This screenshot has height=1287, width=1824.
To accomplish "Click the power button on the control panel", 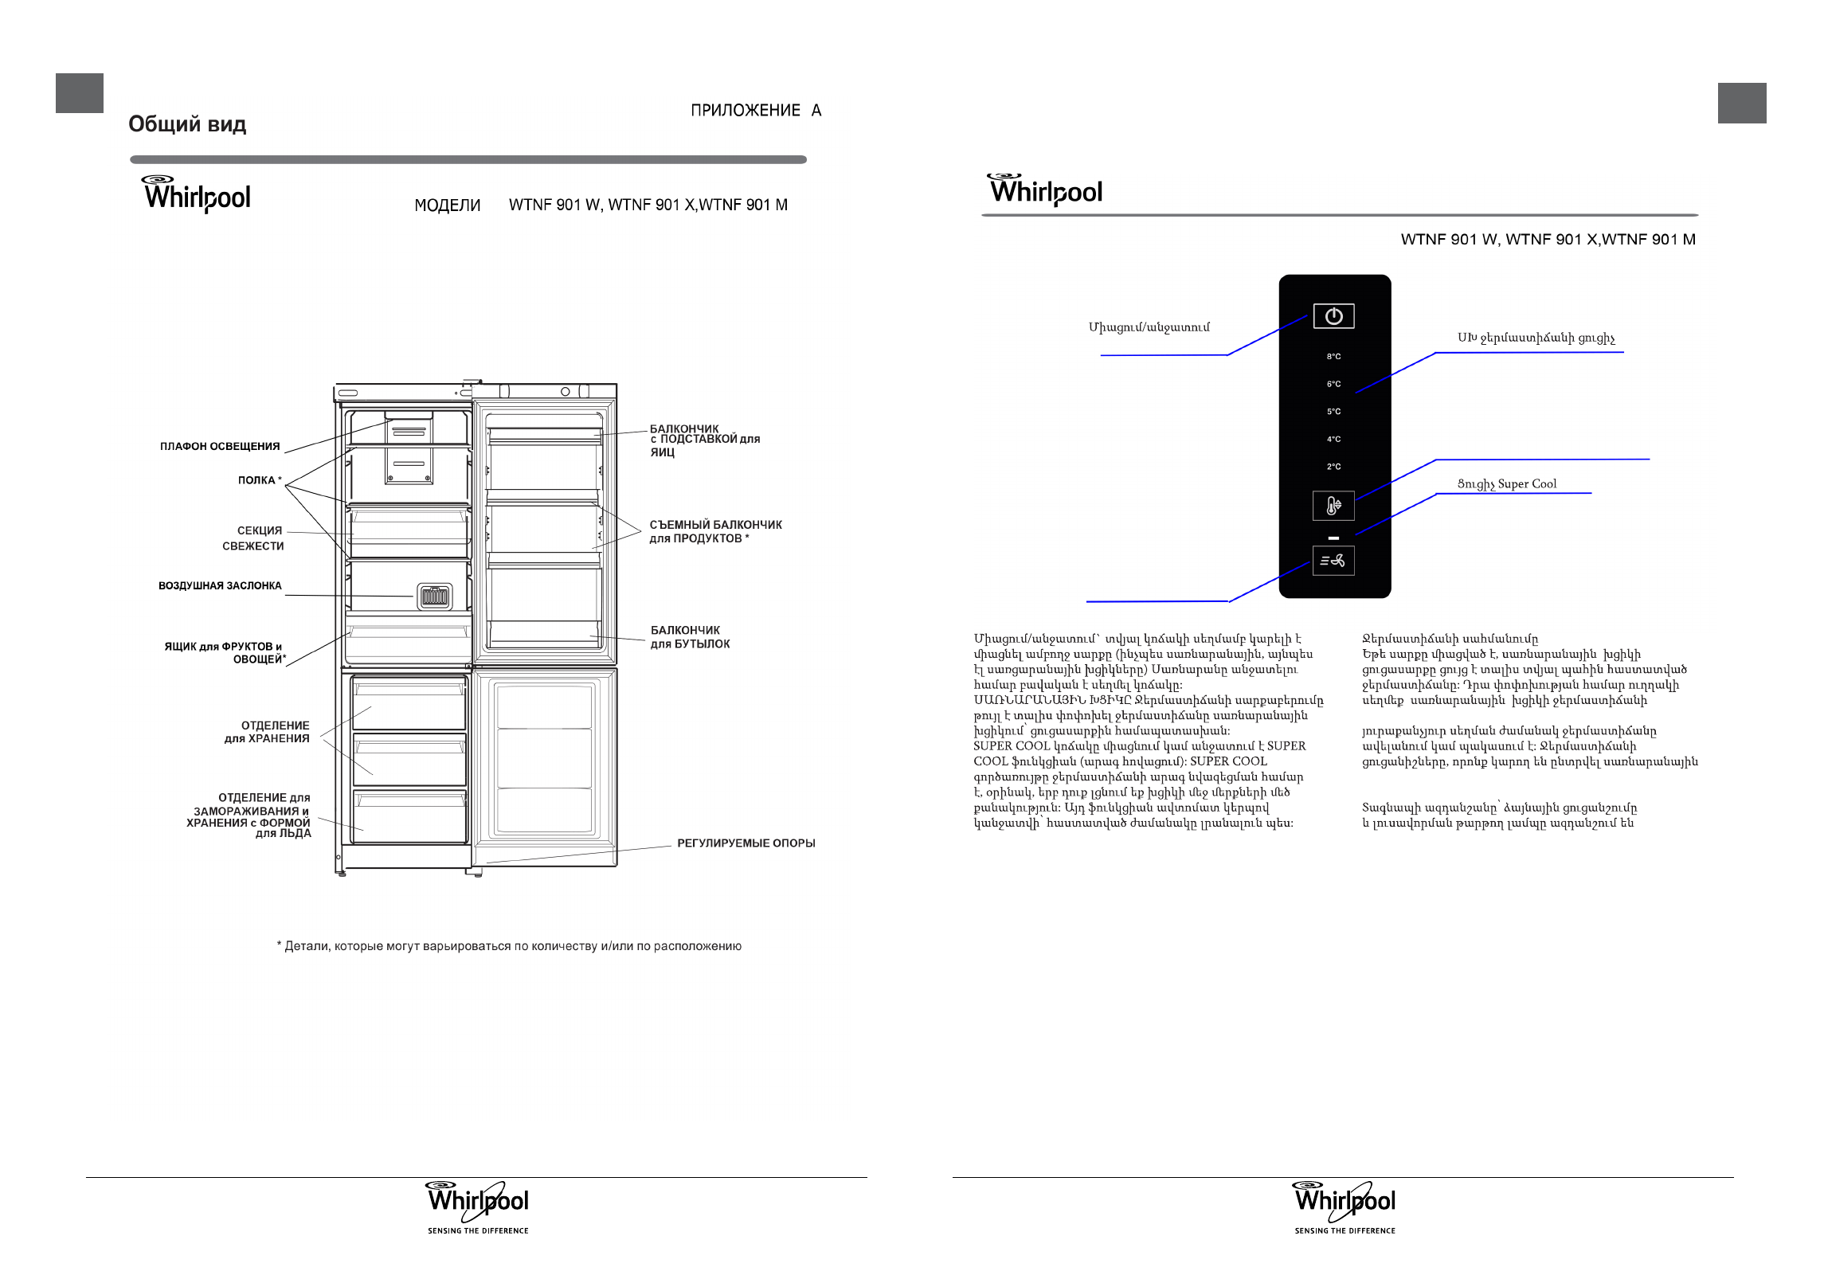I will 1333,316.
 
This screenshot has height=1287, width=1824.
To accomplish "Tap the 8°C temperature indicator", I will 1333,357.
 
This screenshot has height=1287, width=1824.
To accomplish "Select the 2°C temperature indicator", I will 1333,467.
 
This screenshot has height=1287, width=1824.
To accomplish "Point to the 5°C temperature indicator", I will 1333,412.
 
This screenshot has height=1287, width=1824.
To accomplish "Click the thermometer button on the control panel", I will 1333,506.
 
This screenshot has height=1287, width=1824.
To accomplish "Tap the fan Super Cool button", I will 1333,561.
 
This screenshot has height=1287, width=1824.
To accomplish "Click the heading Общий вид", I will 187,124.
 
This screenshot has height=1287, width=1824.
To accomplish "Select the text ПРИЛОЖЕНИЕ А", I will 755,111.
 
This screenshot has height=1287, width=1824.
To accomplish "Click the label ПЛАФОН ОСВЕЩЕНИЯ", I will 220,447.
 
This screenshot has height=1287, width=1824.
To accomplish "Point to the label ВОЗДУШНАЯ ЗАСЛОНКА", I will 220,586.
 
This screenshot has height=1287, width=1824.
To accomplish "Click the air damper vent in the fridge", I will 435,596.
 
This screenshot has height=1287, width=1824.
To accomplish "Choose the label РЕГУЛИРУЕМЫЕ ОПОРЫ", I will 746,843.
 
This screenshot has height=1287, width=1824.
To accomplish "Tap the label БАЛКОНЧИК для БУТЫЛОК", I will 690,637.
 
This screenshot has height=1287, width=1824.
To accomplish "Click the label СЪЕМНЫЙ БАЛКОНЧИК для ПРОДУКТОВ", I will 715,531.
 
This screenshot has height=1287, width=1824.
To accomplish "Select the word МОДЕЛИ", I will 448,205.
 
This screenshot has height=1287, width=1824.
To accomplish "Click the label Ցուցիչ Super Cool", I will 1506,484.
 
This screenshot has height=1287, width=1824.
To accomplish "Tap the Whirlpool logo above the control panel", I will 1046,190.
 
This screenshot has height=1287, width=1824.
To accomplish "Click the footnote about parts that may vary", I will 509,946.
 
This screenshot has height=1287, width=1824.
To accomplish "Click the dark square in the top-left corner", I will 80,93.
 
